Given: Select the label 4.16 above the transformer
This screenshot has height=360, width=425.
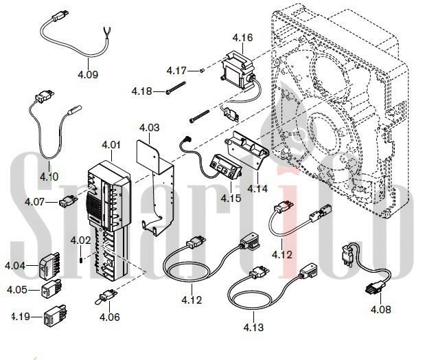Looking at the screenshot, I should [x=242, y=37].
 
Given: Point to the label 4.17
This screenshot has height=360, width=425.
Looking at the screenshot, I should [x=176, y=71].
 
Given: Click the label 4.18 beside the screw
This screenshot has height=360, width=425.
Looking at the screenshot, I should [x=143, y=91].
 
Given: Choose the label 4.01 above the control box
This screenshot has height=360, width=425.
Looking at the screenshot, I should [x=110, y=145].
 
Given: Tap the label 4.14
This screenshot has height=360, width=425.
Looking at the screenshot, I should [x=257, y=188].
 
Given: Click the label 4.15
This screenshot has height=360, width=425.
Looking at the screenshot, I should [x=231, y=199].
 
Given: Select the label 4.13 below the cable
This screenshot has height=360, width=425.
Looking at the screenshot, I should [x=253, y=328].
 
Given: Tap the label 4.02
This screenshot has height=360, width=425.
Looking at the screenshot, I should [x=80, y=240].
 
